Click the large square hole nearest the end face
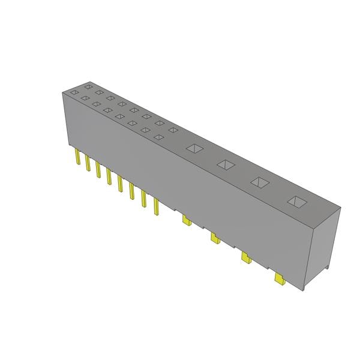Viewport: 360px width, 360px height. tap(296, 202)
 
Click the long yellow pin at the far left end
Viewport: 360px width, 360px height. tap(77, 158)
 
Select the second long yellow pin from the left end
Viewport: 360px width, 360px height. tap(88, 164)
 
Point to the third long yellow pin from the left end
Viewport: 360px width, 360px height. tap(98, 170)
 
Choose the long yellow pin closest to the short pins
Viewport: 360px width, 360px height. tap(156, 206)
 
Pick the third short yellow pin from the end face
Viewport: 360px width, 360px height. tap(215, 239)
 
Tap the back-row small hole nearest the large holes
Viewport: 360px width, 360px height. tap(173, 130)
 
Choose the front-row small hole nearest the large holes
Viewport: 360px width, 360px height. tap(158, 137)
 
